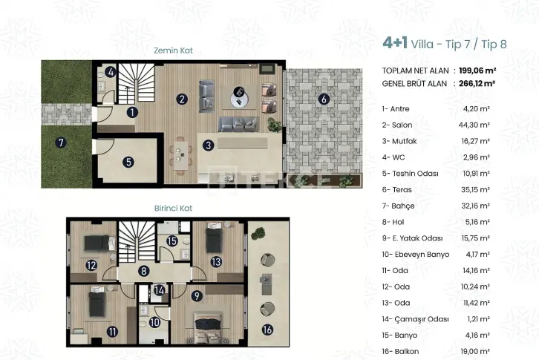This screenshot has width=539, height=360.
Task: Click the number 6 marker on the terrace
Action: click(324, 99)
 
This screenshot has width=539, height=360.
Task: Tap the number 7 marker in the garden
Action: click(61, 143)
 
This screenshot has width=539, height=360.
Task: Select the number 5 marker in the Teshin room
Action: click(128, 162)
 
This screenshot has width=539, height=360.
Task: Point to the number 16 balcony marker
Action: click(267, 330)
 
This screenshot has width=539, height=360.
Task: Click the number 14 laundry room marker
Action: click(159, 290)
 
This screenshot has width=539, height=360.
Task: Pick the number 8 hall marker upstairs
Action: click(144, 271)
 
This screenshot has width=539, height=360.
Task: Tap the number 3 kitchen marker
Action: click(209, 145)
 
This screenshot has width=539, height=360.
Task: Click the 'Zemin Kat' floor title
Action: click(173, 50)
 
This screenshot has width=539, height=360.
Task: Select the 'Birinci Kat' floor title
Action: click(173, 209)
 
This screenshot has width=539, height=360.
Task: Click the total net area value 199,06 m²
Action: click(477, 71)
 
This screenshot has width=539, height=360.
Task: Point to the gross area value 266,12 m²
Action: click(477, 84)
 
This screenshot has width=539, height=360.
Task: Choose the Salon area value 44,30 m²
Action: click(474, 125)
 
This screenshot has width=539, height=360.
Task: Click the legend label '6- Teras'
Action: click(396, 189)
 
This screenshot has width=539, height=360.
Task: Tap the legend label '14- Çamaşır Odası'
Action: click(415, 319)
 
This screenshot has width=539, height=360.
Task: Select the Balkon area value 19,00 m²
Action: click(475, 351)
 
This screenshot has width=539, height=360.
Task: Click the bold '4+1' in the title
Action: click(395, 43)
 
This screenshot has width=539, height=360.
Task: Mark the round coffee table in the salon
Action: click(239, 100)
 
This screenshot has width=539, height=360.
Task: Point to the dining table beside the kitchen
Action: click(180, 156)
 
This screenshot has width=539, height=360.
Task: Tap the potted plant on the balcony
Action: click(258, 234)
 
